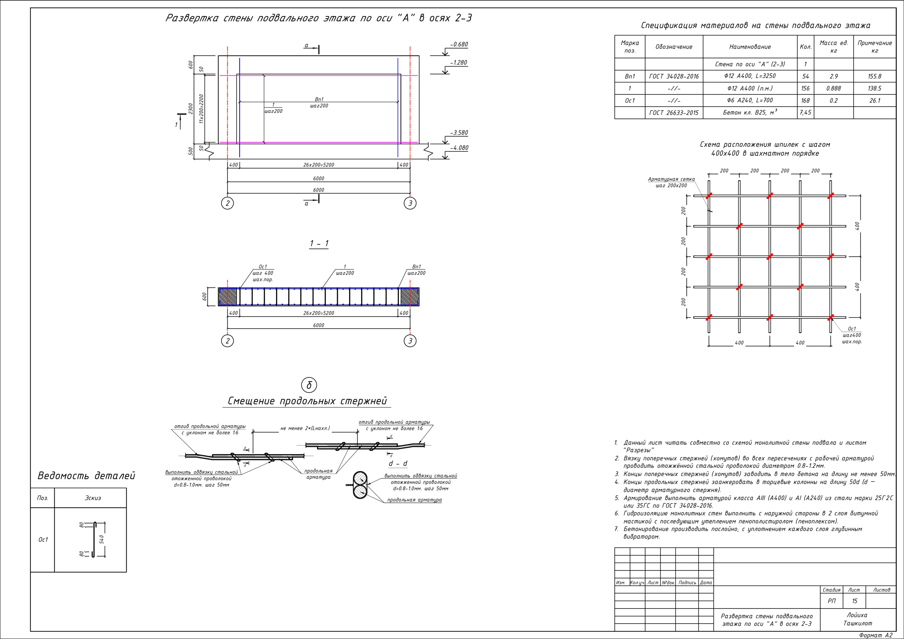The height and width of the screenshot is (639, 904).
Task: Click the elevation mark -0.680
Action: (x=459, y=44)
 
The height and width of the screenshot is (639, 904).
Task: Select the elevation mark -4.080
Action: (x=459, y=148)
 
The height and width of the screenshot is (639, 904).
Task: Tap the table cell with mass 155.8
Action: (x=875, y=76)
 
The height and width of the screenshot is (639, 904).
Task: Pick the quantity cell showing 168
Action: (x=806, y=101)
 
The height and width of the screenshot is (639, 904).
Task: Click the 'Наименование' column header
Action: (x=750, y=47)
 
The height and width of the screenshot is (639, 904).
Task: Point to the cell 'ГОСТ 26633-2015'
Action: (x=674, y=113)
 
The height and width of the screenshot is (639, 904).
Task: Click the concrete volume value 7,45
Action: (x=805, y=113)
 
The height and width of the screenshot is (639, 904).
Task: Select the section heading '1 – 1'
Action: (x=319, y=243)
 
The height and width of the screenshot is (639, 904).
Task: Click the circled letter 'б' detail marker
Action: (x=309, y=385)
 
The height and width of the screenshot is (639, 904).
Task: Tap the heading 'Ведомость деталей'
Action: (x=86, y=476)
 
